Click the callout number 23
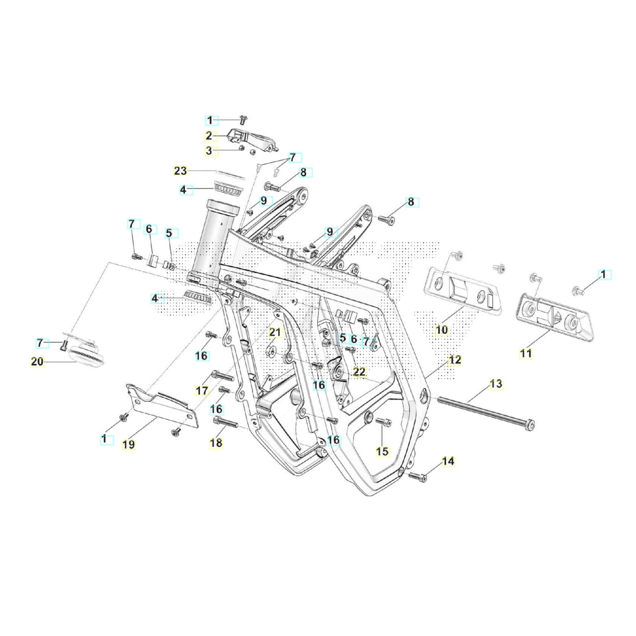click(x=180, y=171)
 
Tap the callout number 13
click(x=496, y=384)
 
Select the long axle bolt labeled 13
click(x=484, y=412)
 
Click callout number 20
click(x=37, y=362)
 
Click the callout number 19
click(x=129, y=445)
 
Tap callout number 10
click(x=442, y=330)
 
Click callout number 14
click(x=448, y=461)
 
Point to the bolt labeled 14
click(x=418, y=476)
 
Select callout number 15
click(x=383, y=452)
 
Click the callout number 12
click(x=455, y=360)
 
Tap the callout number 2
click(x=209, y=136)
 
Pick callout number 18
click(x=216, y=443)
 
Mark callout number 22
click(x=360, y=372)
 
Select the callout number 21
click(x=275, y=332)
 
